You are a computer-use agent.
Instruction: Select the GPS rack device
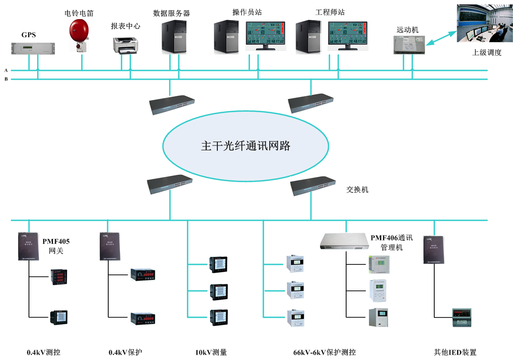tap(33, 48)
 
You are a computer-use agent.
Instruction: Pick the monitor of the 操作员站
tap(265, 36)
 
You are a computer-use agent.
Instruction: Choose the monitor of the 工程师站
tap(348, 36)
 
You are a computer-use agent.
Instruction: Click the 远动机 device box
tap(408, 45)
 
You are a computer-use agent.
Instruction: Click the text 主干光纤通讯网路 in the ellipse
tap(246, 146)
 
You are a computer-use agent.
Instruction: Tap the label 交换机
tap(357, 190)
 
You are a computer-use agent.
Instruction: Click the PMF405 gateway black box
tap(29, 246)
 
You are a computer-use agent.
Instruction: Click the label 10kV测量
tap(211, 352)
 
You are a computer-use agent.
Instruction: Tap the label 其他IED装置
tap(455, 352)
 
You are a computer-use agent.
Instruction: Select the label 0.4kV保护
tap(125, 352)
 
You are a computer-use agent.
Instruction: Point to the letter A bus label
tap(6, 70)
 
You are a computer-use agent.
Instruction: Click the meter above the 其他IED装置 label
tap(461, 317)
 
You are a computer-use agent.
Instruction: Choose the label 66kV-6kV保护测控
tap(325, 352)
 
